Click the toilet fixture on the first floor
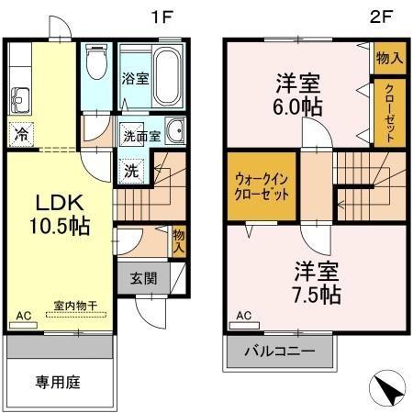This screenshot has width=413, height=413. (96, 61)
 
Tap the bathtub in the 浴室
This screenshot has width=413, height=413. (167, 76)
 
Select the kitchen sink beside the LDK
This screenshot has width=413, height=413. (20, 101)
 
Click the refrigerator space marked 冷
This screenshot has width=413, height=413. (21, 134)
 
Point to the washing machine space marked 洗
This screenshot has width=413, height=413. (131, 172)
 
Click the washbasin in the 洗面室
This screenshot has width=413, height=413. (175, 130)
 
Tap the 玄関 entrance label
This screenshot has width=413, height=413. (144, 278)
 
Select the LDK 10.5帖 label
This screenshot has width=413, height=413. (60, 215)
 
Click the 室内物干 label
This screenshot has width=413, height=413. (75, 306)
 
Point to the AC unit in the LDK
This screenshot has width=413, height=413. (23, 325)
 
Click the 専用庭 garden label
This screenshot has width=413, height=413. (58, 382)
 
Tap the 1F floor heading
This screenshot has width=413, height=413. (162, 17)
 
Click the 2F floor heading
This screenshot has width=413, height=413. (381, 17)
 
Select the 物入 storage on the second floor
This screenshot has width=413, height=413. (390, 58)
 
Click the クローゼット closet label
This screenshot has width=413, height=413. (389, 113)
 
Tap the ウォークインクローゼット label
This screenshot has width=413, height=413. (262, 186)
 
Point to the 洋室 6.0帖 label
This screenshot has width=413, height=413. (298, 95)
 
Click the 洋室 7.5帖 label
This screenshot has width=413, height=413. (317, 283)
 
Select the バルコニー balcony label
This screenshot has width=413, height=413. (279, 351)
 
